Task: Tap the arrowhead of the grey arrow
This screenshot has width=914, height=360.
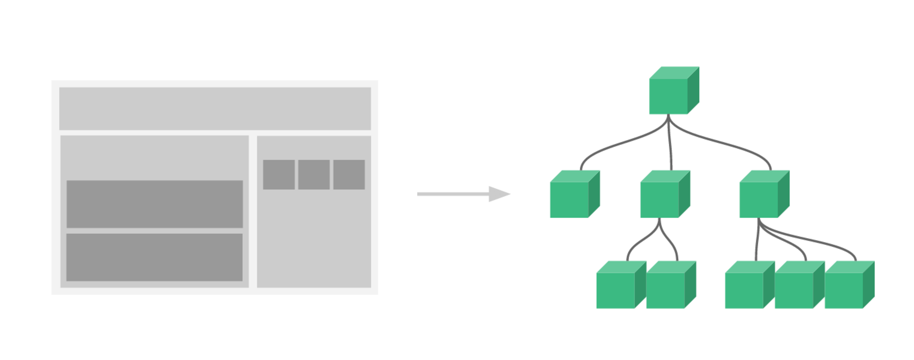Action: (498, 194)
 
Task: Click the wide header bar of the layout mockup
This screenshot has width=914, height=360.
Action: (215, 109)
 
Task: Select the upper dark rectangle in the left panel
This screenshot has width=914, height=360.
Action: (154, 204)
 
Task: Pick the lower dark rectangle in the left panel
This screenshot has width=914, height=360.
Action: (154, 257)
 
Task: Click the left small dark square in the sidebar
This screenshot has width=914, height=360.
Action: (279, 175)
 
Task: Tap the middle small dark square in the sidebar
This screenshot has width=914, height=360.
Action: (314, 175)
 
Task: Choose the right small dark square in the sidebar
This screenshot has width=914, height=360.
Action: (349, 175)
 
